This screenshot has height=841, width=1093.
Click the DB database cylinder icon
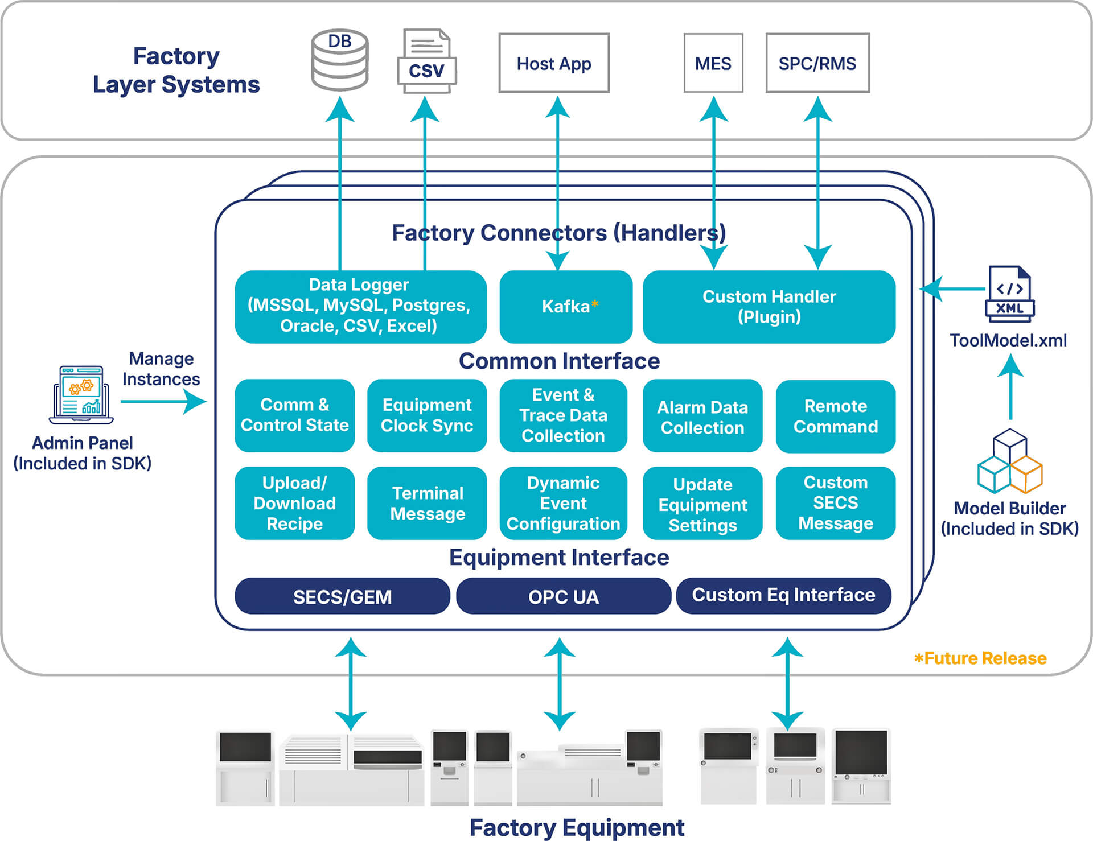click(340, 60)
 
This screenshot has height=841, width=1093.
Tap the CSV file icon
click(426, 61)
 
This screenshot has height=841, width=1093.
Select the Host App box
click(554, 63)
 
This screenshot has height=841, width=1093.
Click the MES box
click(713, 63)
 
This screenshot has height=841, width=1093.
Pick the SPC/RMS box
click(817, 63)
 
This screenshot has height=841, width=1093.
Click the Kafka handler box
click(566, 307)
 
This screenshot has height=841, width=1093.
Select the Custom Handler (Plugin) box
click(769, 307)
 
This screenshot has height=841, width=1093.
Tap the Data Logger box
click(360, 307)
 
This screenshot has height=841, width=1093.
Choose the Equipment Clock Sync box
click(427, 415)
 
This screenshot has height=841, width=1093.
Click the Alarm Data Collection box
click(702, 417)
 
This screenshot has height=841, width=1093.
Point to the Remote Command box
click(835, 417)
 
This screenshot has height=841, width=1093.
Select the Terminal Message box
click(427, 503)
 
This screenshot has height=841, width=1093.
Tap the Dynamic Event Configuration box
click(563, 503)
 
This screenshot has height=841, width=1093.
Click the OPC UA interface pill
click(564, 596)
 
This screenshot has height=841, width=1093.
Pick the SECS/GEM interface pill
click(342, 596)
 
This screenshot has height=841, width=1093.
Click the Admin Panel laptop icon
click(81, 395)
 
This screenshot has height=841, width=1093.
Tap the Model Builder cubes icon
click(1010, 462)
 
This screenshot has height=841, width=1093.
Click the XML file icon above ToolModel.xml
click(1010, 293)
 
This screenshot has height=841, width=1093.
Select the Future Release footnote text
click(980, 658)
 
